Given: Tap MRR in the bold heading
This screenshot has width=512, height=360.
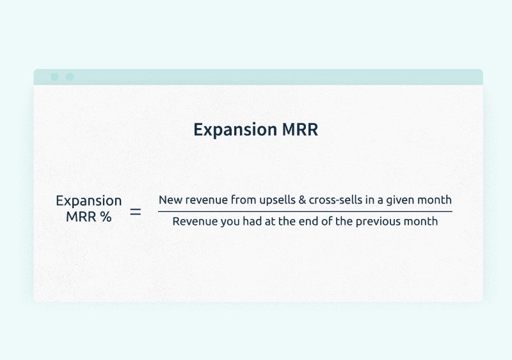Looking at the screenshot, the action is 300,129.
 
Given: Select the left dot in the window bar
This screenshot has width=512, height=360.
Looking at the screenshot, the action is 54,77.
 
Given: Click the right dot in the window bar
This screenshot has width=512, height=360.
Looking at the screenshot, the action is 70,77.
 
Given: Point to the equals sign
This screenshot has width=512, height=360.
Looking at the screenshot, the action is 136,211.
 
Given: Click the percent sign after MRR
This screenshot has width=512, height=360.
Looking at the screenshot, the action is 106,217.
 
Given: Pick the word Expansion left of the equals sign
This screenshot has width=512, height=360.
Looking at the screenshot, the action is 89,201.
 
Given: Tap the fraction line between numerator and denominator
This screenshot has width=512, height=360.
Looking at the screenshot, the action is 305,211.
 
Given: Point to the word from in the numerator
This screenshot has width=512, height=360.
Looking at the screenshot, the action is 244,200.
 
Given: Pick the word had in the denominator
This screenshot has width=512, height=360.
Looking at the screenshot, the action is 252,221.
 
